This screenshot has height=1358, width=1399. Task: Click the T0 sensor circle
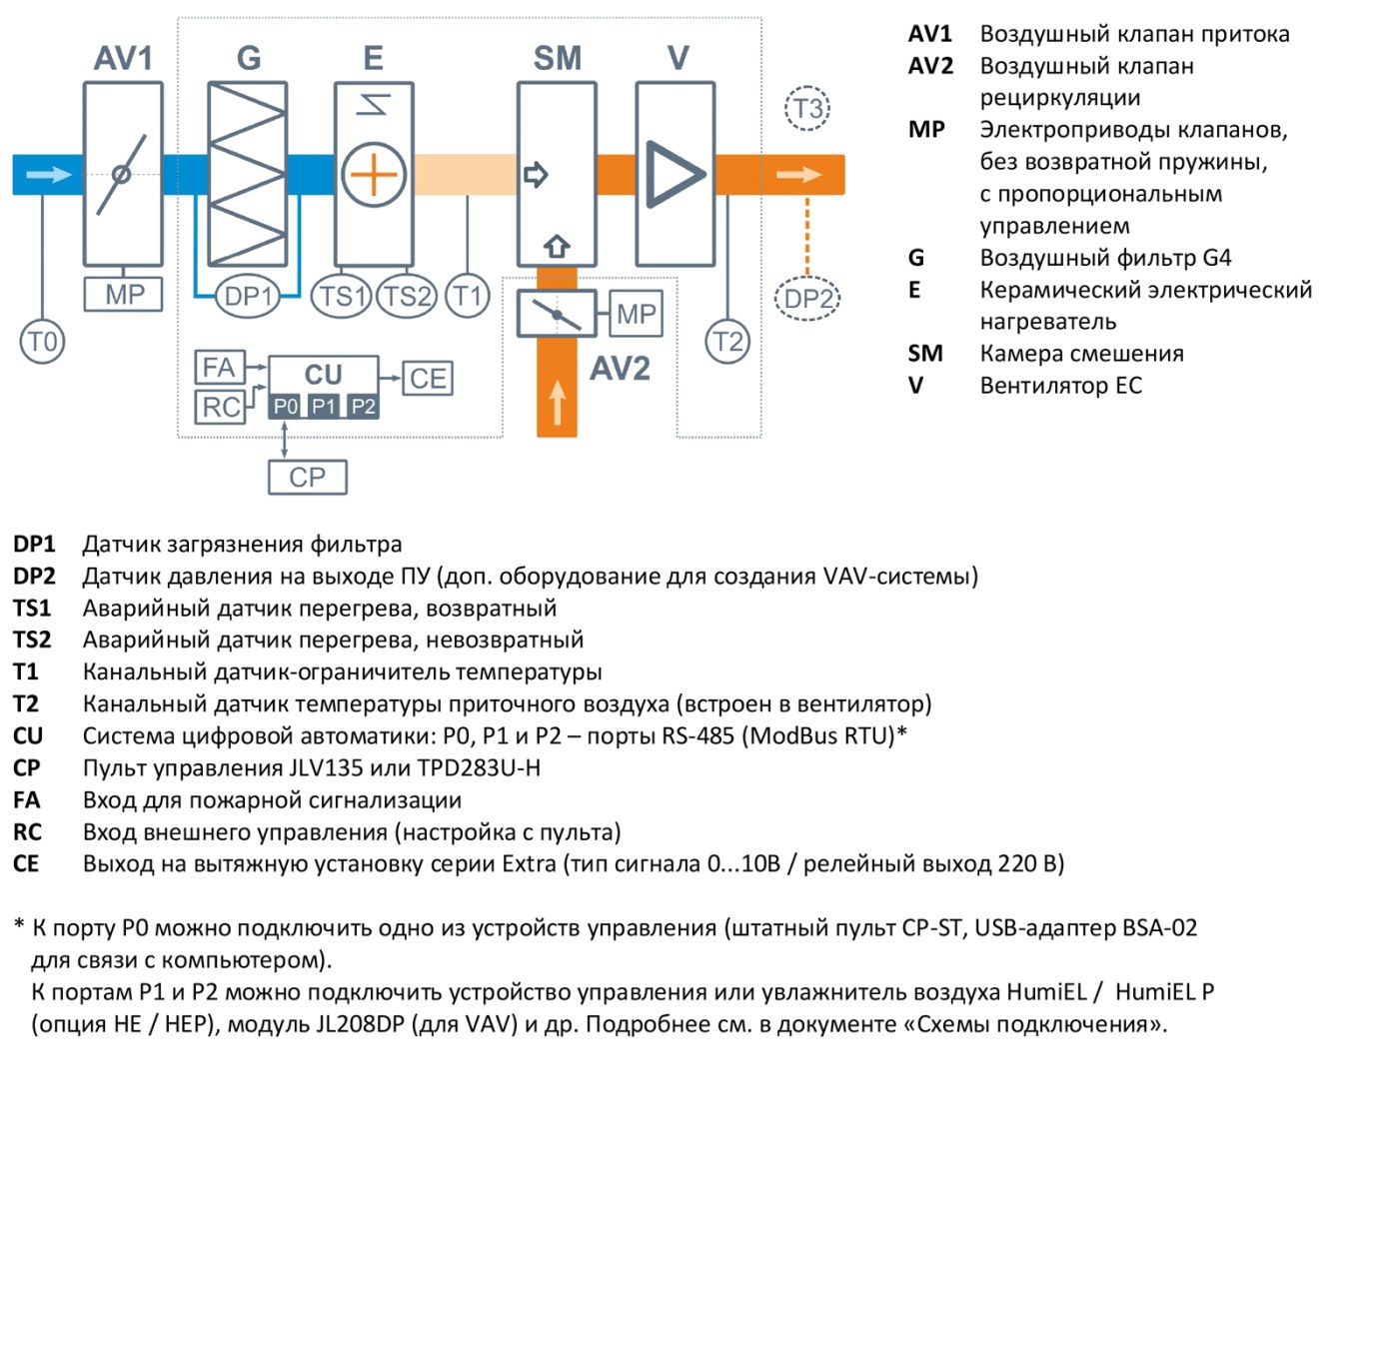[42, 342]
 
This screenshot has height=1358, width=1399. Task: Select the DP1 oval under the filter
[247, 296]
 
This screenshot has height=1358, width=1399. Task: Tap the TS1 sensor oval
[342, 296]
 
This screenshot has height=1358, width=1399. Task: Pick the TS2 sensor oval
[407, 296]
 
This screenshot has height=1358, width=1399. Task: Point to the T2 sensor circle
[727, 342]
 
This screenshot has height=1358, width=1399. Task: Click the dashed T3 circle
[807, 109]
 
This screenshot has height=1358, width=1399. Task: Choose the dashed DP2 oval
[807, 299]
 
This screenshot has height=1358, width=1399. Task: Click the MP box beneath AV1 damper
[123, 294]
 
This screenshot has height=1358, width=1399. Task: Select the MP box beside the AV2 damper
[637, 314]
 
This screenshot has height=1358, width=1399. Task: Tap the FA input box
[220, 368]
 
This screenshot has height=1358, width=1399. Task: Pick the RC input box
[220, 407]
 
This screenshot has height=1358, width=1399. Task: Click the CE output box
[428, 378]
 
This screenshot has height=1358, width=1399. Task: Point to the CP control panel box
[308, 478]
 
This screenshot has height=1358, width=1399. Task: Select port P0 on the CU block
[286, 406]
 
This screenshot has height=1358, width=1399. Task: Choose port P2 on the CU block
[363, 406]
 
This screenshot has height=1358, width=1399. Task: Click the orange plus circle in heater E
[373, 175]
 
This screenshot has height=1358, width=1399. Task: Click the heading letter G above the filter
[249, 58]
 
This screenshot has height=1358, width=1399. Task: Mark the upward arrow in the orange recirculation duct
[558, 403]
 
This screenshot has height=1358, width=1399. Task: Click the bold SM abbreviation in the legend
[925, 354]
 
